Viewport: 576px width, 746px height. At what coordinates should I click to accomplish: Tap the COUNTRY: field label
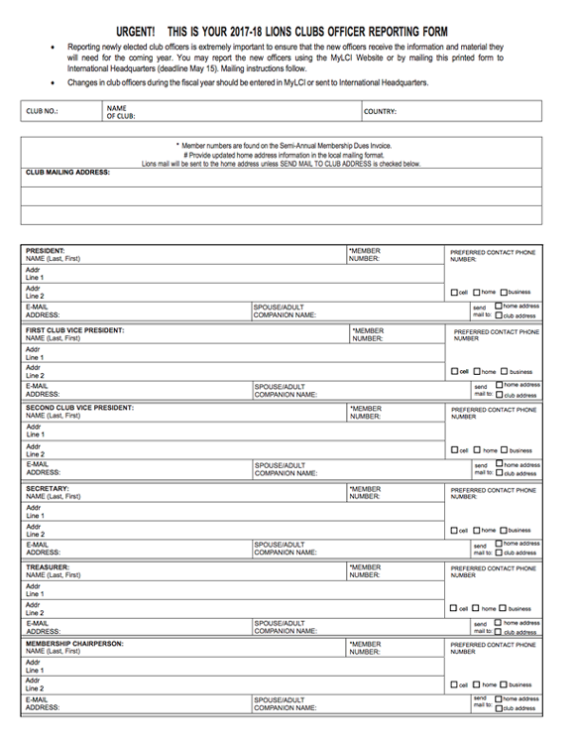(x=381, y=112)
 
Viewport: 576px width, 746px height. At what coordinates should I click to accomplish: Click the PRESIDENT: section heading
(x=46, y=251)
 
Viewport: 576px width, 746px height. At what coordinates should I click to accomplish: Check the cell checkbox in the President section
(x=453, y=293)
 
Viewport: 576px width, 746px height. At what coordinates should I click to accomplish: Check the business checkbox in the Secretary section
(x=504, y=531)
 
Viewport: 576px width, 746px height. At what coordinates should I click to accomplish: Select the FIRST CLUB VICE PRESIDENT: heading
(x=75, y=329)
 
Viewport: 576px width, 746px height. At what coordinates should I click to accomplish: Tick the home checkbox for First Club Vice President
(x=477, y=372)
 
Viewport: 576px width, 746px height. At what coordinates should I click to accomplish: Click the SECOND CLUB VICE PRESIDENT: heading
(x=79, y=408)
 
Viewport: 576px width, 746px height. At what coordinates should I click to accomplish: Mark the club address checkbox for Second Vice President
(x=498, y=473)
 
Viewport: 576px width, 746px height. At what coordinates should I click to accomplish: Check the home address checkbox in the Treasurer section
(x=498, y=623)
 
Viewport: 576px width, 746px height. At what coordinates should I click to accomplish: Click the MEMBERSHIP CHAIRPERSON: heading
(x=74, y=643)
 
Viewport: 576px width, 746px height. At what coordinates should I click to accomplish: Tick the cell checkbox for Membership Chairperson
(x=453, y=685)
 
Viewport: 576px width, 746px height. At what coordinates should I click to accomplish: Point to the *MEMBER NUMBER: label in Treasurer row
(x=364, y=571)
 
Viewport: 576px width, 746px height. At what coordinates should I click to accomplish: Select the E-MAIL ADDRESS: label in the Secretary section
(x=43, y=549)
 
